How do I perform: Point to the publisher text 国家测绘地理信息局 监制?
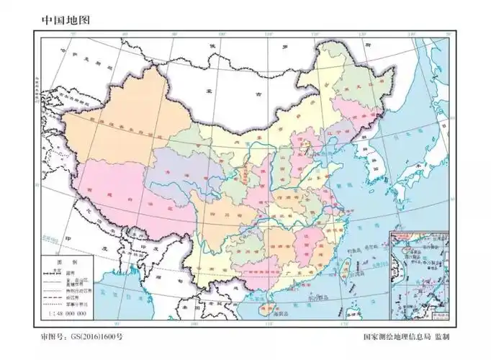coord(406,336)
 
